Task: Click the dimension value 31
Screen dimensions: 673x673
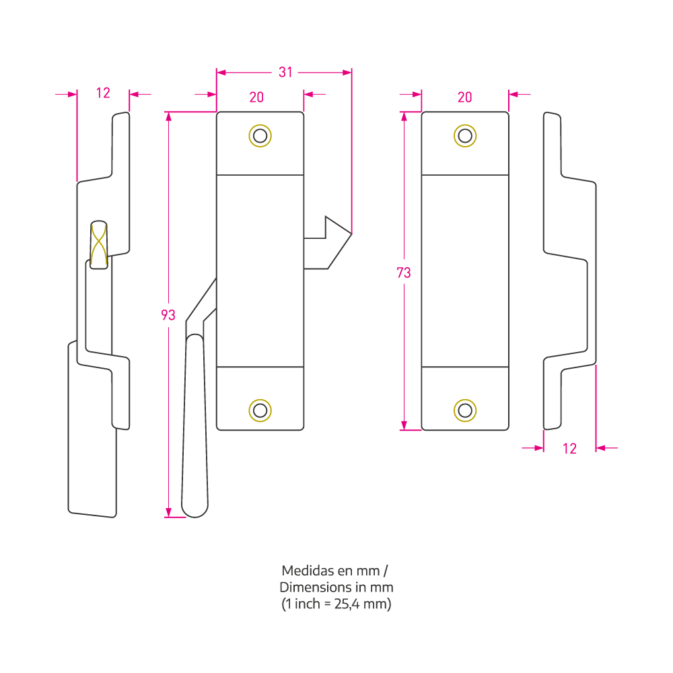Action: click(285, 72)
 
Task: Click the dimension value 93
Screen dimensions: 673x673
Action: click(168, 315)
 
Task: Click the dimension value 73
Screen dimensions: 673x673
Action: click(403, 273)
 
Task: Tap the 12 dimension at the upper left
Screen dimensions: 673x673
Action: click(103, 93)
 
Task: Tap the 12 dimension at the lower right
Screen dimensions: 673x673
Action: click(569, 448)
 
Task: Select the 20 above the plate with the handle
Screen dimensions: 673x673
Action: click(256, 98)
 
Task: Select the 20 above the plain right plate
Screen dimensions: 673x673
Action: click(465, 98)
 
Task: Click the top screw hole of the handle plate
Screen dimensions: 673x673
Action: click(260, 136)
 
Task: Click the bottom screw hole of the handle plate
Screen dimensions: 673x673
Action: click(260, 411)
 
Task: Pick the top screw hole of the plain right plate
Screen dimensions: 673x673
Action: click(465, 136)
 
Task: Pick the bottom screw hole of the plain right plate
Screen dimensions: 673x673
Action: click(465, 411)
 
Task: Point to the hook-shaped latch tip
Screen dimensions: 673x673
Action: click(351, 234)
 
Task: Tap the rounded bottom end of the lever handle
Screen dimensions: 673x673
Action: click(195, 511)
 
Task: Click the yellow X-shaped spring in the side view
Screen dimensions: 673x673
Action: click(99, 245)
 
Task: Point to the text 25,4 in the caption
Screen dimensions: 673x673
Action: click(347, 604)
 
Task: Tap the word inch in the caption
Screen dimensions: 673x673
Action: click(308, 604)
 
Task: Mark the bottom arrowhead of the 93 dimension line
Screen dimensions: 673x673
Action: click(168, 512)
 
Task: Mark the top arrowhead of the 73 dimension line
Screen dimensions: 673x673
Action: click(404, 116)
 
